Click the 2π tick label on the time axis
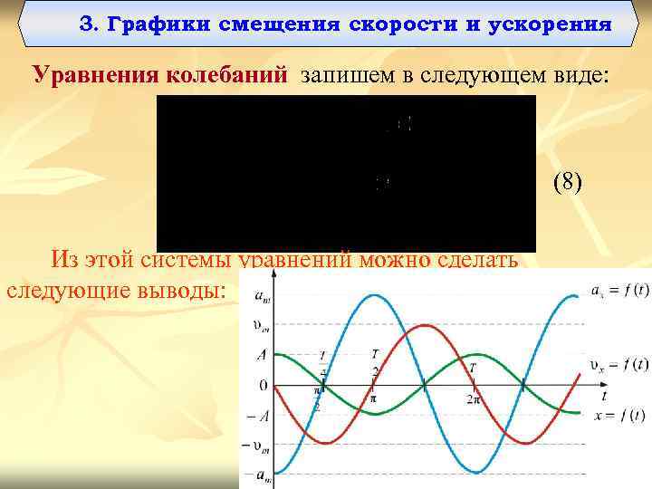point(473,398)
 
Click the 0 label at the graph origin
point(264,386)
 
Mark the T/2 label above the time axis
point(374,362)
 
